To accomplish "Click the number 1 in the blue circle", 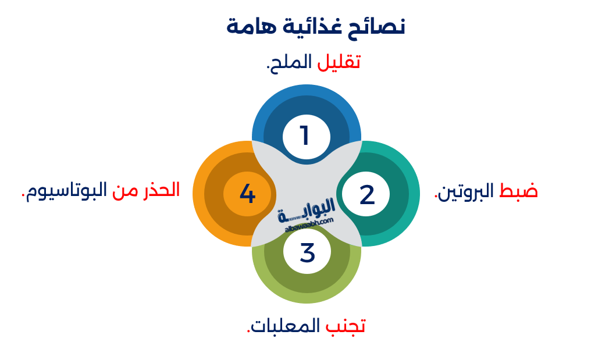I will tap(305, 136).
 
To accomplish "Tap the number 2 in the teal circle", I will tap(367, 195).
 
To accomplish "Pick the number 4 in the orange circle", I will tap(247, 194).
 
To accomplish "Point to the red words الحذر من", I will tap(146, 190).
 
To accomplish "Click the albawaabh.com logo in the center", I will tap(307, 215).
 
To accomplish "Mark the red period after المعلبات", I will tap(249, 332).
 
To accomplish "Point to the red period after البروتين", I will tap(436, 197).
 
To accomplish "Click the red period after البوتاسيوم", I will tap(24, 196).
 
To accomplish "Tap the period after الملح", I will tap(268, 67).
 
